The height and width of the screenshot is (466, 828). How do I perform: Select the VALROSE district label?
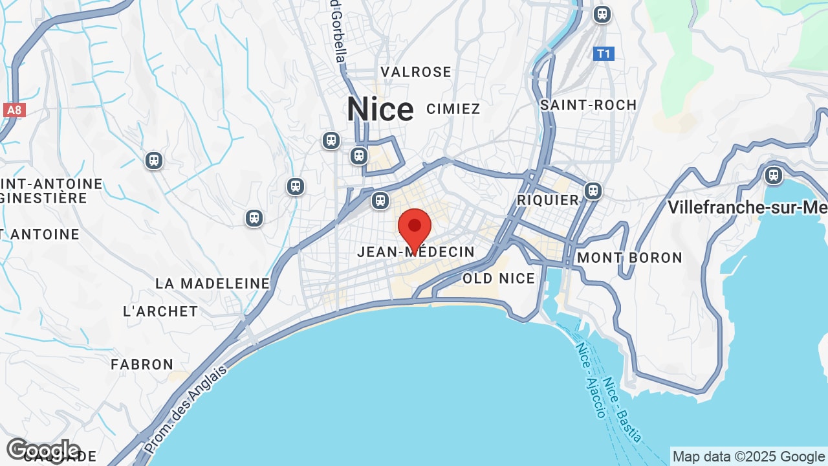[416, 72]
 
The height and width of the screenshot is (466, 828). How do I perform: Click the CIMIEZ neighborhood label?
[453, 109]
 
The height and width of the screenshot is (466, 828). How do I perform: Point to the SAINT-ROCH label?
[589, 105]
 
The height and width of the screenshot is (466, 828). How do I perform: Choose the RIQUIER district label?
[548, 201]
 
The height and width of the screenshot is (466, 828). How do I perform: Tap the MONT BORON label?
[629, 258]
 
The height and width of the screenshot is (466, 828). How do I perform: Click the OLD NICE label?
[499, 279]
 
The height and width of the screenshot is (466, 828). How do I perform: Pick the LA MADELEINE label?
[212, 283]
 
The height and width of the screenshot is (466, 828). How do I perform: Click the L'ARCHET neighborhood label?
[160, 311]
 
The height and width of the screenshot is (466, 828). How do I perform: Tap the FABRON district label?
[142, 364]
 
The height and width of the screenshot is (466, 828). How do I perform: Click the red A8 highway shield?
[14, 110]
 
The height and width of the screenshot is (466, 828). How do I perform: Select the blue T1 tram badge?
[604, 54]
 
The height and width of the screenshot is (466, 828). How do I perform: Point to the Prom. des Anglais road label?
[186, 409]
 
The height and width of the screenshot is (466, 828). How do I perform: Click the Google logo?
[43, 450]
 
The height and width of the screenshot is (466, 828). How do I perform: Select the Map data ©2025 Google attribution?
[748, 457]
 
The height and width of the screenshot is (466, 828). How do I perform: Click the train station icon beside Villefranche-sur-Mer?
[773, 175]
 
